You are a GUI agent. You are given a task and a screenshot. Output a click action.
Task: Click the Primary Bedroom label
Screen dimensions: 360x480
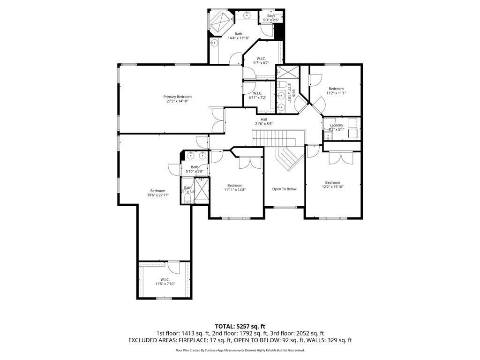177,97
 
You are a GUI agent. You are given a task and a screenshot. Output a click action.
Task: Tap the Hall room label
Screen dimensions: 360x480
264,119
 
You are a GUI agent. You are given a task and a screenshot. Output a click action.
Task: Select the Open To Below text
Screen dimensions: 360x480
285,189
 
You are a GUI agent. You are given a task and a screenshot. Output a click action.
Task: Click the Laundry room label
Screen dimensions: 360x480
336,125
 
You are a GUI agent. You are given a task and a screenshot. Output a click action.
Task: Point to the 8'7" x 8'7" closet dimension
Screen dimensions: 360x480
261,63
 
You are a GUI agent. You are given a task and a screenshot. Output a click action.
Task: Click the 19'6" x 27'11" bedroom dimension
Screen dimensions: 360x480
157,195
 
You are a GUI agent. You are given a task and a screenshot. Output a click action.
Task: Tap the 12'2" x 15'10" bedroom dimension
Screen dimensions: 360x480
332,187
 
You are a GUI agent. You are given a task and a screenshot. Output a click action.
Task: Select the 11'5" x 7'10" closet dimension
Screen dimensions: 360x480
165,284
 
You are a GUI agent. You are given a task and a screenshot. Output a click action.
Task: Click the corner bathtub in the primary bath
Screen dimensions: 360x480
220,21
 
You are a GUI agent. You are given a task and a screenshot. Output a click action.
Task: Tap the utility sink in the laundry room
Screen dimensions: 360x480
328,136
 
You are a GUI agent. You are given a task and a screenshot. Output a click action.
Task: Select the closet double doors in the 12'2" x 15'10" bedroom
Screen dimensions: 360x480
340,158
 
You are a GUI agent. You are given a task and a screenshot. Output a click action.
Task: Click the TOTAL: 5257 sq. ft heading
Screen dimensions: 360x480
240,326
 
